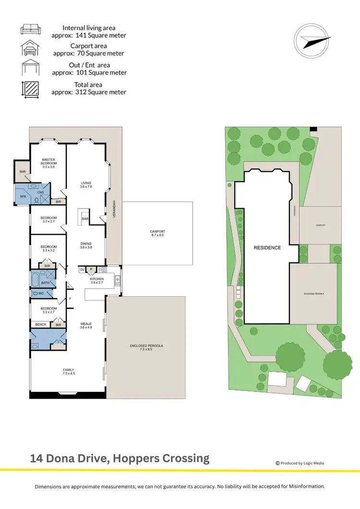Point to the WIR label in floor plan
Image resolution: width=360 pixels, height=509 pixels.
coord(22,171)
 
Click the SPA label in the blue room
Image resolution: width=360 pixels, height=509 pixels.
coord(22,197)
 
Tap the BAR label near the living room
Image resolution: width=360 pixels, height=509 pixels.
coord(85,219)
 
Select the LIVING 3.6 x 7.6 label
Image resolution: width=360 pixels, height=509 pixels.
coord(86,185)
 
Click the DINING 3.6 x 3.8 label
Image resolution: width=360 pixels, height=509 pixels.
coord(86,246)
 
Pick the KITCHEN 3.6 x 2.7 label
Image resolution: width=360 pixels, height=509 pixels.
coord(96,281)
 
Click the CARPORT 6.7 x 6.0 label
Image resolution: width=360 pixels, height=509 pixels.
coord(157,234)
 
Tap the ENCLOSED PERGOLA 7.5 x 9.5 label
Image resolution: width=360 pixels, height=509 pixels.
coord(146,348)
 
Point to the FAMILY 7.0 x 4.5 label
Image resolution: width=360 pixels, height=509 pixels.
coord(69,371)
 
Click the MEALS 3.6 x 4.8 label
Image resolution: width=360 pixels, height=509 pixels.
coord(86,326)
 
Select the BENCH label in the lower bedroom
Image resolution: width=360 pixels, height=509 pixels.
coord(41,325)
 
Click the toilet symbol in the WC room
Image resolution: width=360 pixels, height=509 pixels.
coord(36,293)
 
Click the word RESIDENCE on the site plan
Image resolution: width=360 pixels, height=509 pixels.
coord(267,248)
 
